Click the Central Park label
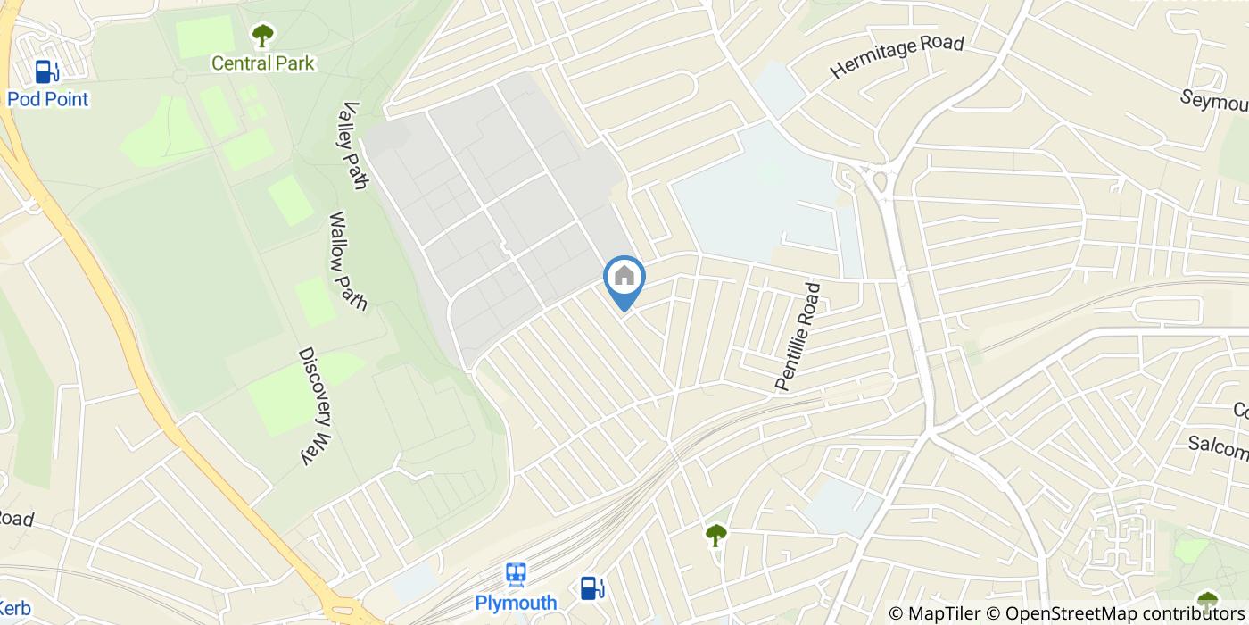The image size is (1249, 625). tap(262, 63)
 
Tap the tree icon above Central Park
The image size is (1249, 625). tap(262, 36)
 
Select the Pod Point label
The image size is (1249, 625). tap(48, 99)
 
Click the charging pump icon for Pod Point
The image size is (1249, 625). tap(46, 71)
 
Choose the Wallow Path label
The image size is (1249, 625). tap(348, 261)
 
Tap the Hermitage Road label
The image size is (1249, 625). tap(897, 56)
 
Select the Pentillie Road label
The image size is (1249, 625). tap(798, 337)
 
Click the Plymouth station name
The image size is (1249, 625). tap(516, 603)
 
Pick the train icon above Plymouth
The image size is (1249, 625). tap(516, 574)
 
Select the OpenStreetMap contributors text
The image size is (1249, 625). tap(1125, 613)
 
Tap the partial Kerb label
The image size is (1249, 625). tap(14, 610)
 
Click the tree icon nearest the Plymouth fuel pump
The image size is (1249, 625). tap(715, 535)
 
